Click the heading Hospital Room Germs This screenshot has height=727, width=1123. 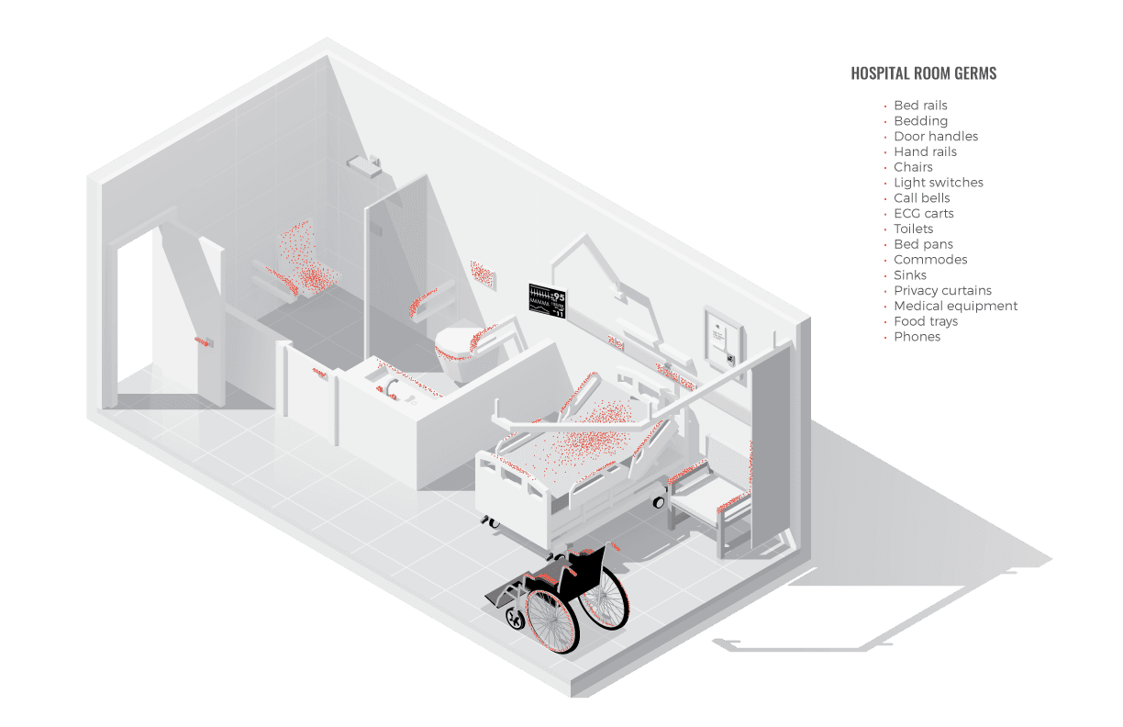923,73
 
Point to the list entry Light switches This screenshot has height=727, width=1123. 939,183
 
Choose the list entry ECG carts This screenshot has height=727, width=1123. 923,213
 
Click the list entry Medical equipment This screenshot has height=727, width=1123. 955,306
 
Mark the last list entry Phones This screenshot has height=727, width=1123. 917,337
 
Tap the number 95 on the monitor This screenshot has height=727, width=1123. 558,296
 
